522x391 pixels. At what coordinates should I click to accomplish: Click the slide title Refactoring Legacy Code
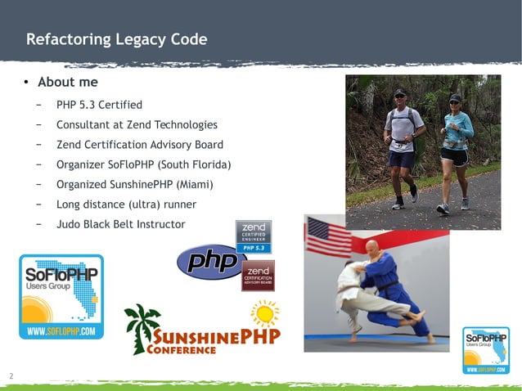[116, 39]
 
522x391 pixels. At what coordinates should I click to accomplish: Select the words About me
[68, 83]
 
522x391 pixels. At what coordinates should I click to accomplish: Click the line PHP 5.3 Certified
[99, 105]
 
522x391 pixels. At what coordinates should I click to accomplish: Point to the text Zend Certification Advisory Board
[139, 145]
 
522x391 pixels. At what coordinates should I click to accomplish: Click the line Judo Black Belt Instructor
[120, 224]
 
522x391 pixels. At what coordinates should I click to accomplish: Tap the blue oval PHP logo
[211, 262]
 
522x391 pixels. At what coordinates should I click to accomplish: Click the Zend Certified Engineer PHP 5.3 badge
[253, 236]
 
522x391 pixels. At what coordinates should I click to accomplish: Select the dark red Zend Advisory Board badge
[258, 276]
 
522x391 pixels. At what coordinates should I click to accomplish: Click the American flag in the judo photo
[328, 236]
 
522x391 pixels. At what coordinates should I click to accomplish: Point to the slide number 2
[11, 376]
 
